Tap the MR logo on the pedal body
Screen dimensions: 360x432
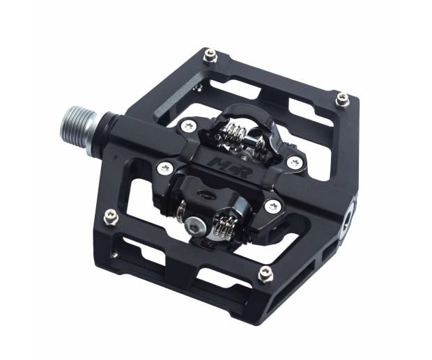coord(217,166)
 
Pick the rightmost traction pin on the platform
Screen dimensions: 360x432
coord(342,100)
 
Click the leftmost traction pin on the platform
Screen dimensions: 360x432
coord(110,218)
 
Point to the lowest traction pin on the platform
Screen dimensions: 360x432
coord(265,274)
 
